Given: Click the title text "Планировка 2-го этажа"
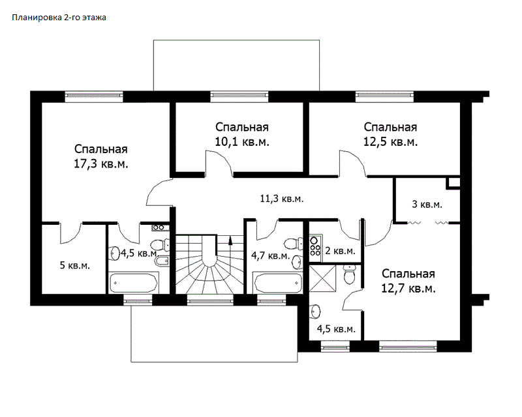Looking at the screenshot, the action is pyautogui.click(x=59, y=18).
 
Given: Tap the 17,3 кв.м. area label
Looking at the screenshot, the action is pyautogui.click(x=101, y=164).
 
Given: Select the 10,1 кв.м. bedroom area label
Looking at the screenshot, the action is pyautogui.click(x=242, y=142).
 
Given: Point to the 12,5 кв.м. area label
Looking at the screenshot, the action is pyautogui.click(x=390, y=142).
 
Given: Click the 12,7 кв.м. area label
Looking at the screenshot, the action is pyautogui.click(x=408, y=288).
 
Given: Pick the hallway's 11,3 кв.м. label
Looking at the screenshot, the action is pyautogui.click(x=282, y=199).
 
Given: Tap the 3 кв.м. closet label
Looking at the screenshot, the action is pyautogui.click(x=427, y=204).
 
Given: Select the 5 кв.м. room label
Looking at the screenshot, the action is pyautogui.click(x=75, y=265).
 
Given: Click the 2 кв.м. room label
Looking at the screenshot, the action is pyautogui.click(x=340, y=251).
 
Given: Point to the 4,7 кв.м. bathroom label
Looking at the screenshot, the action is pyautogui.click(x=270, y=255).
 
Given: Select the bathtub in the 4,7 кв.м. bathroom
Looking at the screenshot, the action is pyautogui.click(x=278, y=283).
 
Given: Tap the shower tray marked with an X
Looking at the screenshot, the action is pyautogui.click(x=322, y=278).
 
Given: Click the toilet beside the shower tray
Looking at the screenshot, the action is pyautogui.click(x=349, y=275).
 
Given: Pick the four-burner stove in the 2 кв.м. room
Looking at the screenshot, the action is pyautogui.click(x=315, y=245).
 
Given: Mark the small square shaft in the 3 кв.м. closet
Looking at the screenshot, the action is pyautogui.click(x=453, y=183).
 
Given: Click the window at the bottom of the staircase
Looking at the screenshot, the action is pyautogui.click(x=209, y=301).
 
